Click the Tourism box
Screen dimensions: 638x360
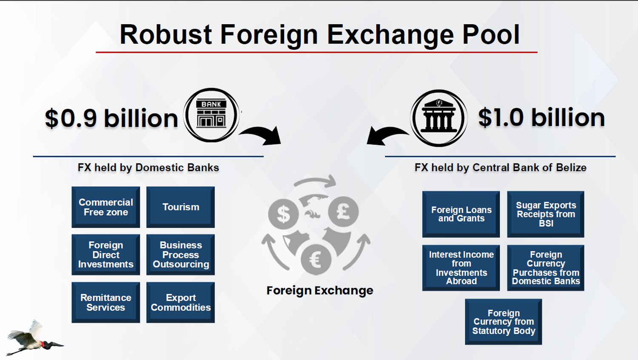[x=181, y=207]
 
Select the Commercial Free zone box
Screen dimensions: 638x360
[x=105, y=207]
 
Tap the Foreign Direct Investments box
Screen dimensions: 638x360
[x=105, y=254]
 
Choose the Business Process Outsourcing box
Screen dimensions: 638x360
[x=181, y=254]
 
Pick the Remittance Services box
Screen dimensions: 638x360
[x=105, y=303]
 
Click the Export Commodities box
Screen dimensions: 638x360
[x=181, y=303]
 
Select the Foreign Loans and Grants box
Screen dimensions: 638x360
[x=461, y=214]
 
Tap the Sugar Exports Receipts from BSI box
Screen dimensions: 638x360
[x=546, y=214]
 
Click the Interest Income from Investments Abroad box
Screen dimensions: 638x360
[x=461, y=268]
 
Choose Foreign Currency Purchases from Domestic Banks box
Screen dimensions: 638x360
[x=546, y=268]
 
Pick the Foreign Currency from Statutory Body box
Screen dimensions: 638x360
[x=504, y=322]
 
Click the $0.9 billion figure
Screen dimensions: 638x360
[x=111, y=118]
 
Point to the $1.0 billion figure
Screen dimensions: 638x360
[x=541, y=117]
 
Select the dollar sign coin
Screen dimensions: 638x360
[x=283, y=214]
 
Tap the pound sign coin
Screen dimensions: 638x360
[x=343, y=211]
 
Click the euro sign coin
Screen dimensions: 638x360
[x=316, y=260]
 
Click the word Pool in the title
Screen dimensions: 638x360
[x=491, y=34]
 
